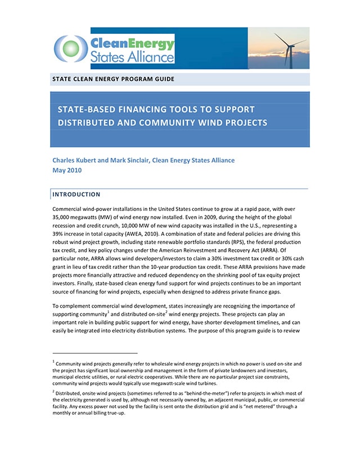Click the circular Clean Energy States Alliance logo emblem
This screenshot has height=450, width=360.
73,48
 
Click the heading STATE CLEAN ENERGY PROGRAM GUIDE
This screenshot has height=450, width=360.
113,79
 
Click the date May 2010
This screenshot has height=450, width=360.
66,170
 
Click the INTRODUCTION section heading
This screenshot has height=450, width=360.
76,195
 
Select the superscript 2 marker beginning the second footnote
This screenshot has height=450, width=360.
53,390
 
